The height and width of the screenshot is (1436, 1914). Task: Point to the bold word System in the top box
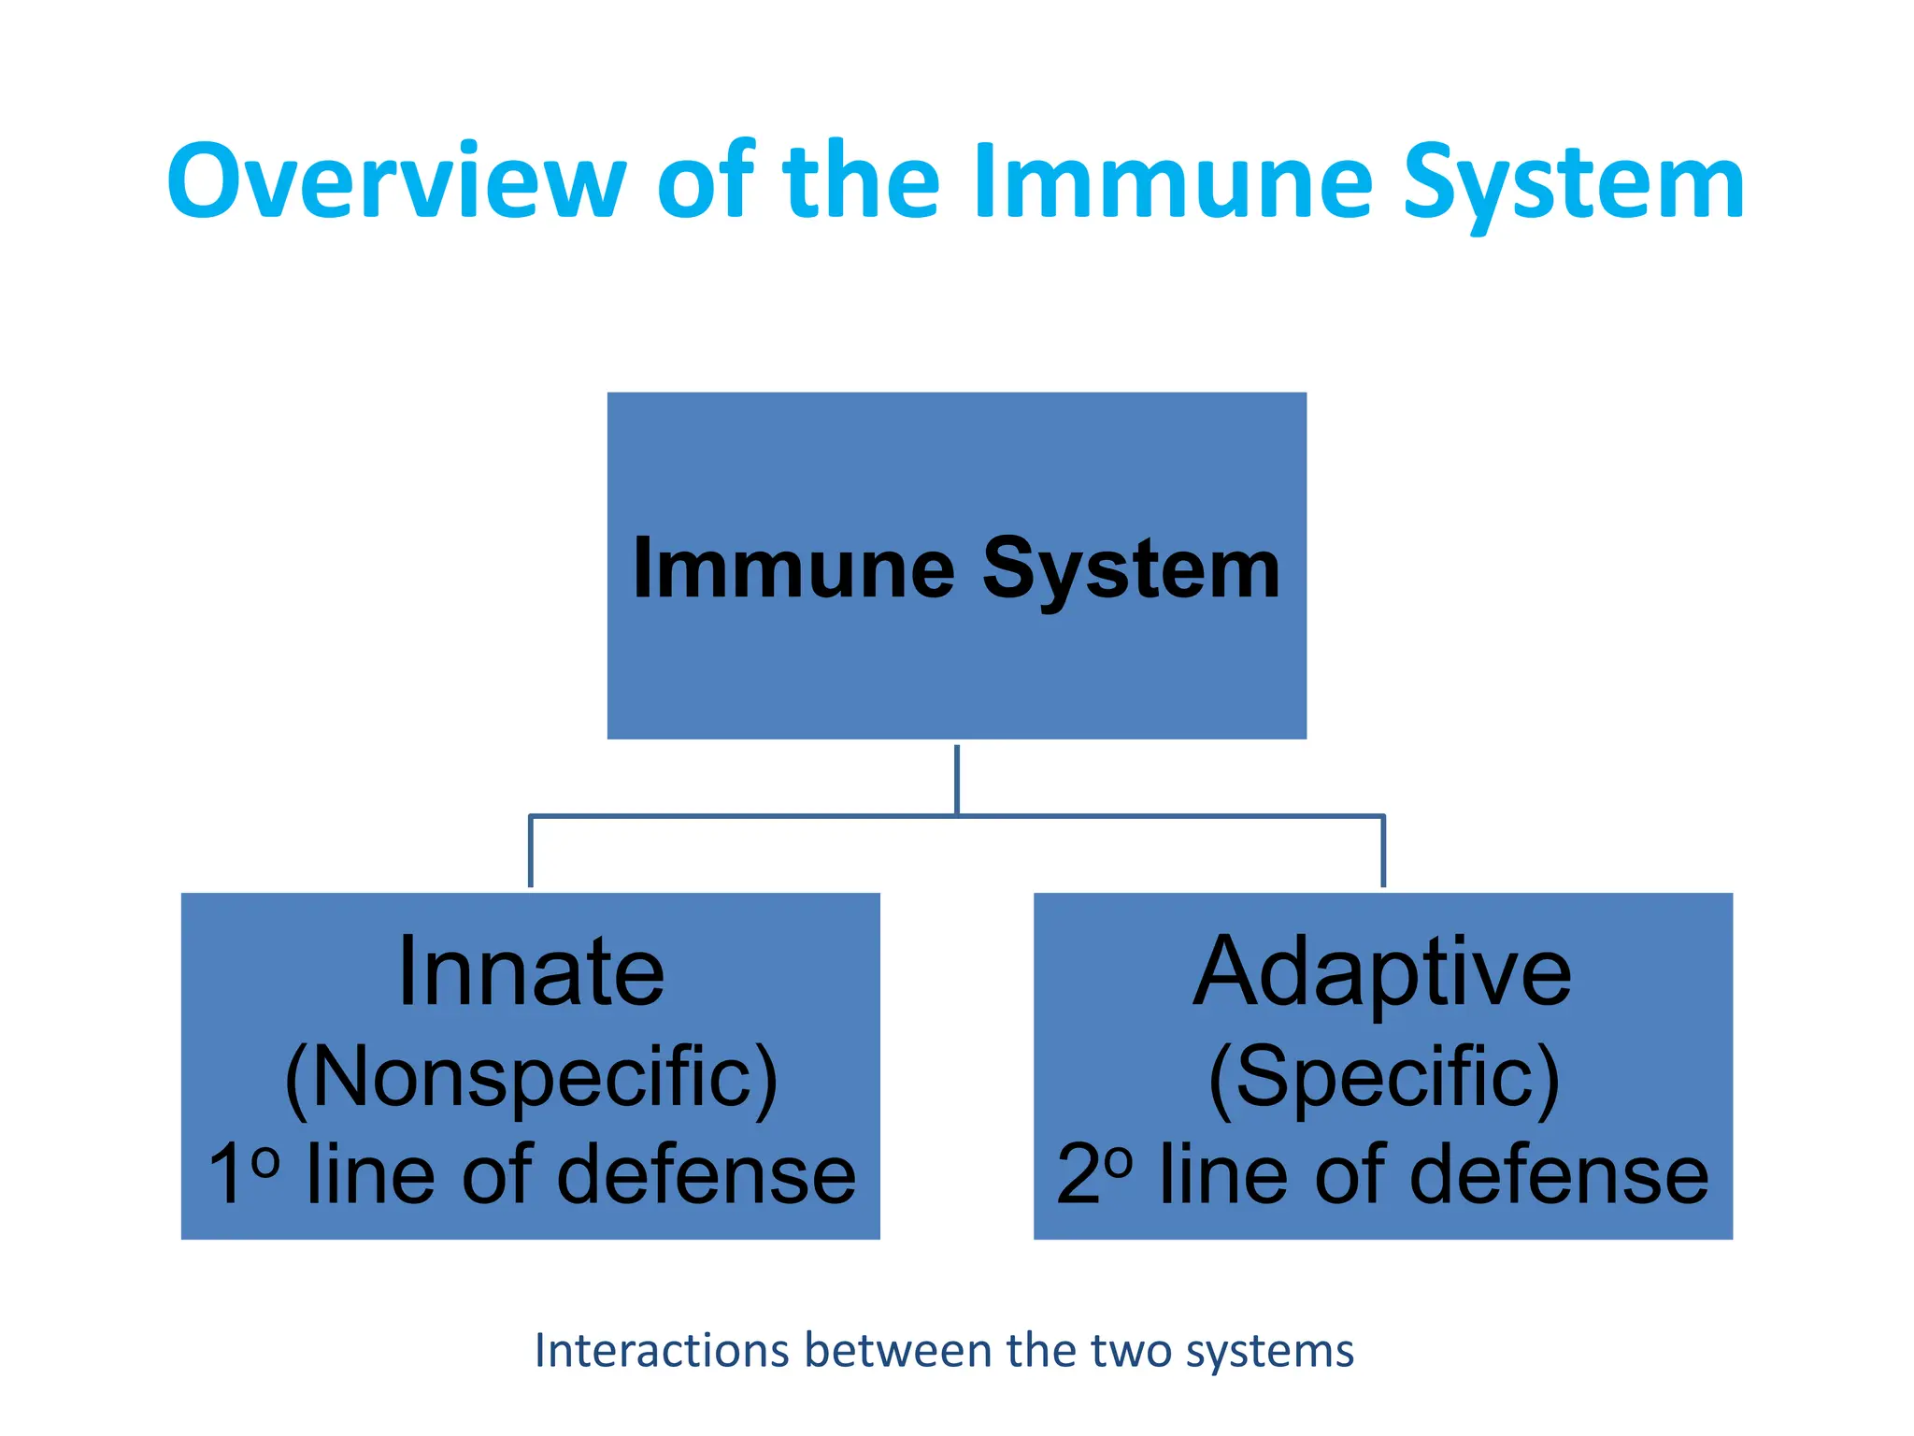1131,570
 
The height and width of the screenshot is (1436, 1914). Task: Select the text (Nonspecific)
531,1079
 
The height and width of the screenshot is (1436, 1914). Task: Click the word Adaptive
1382,974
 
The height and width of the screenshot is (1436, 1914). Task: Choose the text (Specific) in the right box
1383,1079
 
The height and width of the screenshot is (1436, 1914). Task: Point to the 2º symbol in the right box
1093,1172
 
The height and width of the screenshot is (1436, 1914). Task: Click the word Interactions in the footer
662,1351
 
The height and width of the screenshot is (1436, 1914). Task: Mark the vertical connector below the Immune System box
957,778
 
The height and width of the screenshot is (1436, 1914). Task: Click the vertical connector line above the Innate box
531,851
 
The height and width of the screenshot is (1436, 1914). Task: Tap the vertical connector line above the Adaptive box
1383,851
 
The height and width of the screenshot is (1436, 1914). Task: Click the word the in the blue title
860,181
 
